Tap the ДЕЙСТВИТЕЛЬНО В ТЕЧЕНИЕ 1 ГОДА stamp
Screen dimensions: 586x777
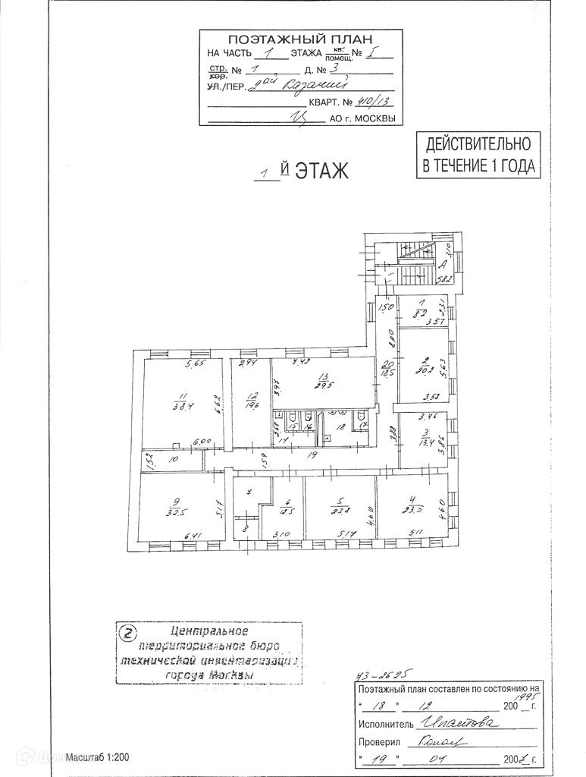479,154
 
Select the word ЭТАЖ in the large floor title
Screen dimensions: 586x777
321,171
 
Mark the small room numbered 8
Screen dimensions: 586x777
245,524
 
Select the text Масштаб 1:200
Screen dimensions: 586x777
97,757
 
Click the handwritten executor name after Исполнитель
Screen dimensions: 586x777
459,725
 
